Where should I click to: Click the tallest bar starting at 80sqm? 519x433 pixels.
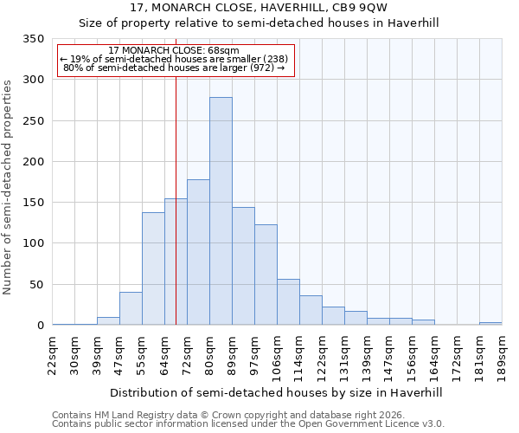click(x=221, y=211)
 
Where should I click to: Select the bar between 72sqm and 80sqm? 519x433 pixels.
click(x=198, y=252)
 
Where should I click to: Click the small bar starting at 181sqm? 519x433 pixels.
click(x=490, y=323)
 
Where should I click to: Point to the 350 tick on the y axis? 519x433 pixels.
click(x=34, y=39)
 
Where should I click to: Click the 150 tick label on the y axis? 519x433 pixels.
click(x=34, y=203)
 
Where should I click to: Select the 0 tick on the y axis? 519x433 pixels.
click(x=40, y=326)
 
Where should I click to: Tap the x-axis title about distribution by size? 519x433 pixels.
click(x=277, y=392)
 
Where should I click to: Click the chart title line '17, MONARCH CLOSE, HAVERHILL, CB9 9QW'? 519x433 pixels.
click(x=259, y=8)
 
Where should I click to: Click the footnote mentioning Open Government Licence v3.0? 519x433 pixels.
click(x=248, y=423)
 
